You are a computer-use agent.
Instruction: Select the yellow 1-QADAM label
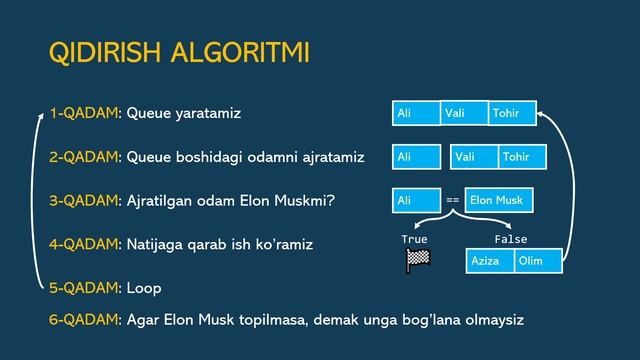pos(83,113)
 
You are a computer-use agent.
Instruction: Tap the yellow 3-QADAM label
pos(83,200)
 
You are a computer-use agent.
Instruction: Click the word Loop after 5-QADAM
pos(144,288)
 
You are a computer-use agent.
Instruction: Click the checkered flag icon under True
pos(417,261)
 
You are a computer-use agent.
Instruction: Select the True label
pos(414,240)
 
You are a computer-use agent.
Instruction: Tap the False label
pos(510,240)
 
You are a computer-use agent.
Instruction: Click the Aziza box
pos(490,261)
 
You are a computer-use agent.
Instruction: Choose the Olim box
pos(538,261)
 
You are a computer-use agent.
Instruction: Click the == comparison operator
pos(452,201)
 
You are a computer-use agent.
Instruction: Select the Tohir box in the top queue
pos(512,113)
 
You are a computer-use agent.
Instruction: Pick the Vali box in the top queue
pos(464,113)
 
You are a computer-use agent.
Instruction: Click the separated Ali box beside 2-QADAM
pos(416,157)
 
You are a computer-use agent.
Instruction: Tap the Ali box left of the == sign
pos(416,200)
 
